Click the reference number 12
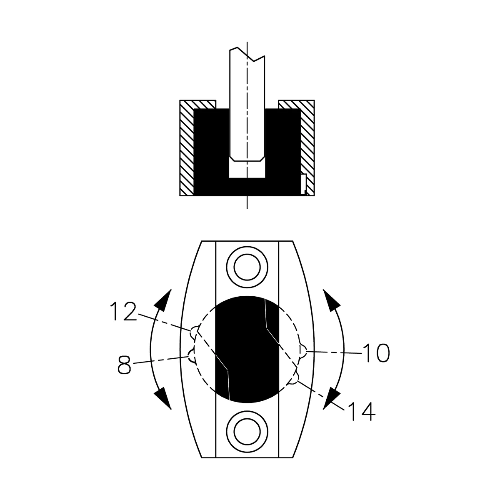(123, 311)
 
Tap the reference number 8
(124, 365)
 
